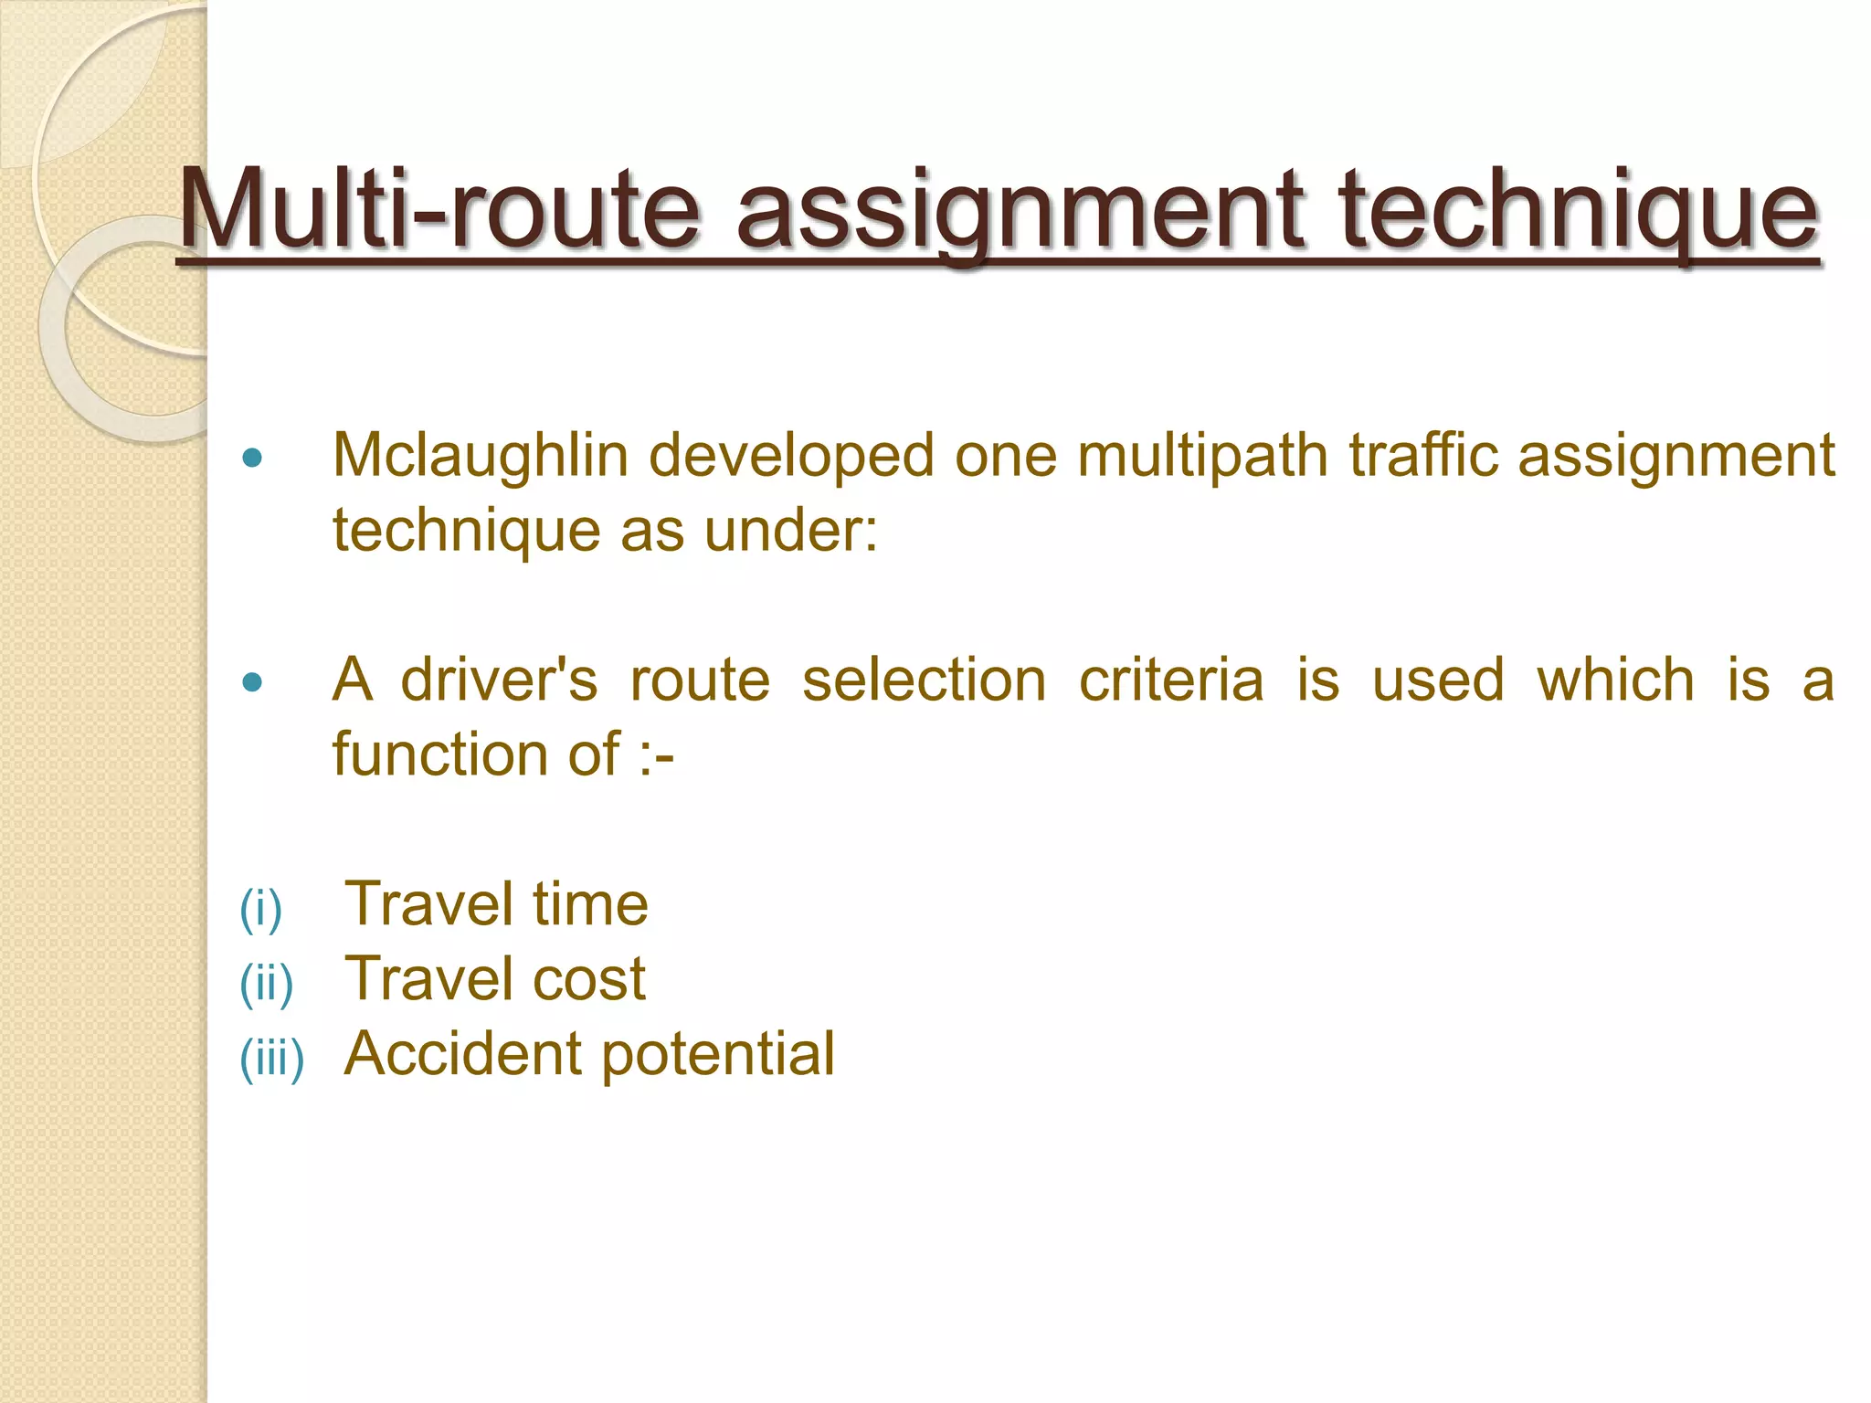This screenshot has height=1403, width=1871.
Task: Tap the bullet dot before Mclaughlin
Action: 253,458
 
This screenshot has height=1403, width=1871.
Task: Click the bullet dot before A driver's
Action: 253,682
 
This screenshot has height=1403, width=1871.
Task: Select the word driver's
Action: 499,680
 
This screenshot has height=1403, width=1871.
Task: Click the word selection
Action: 924,680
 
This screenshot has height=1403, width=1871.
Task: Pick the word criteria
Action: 1171,680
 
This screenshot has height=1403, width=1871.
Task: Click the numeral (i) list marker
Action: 260,909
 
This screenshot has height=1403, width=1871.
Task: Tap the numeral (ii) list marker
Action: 266,984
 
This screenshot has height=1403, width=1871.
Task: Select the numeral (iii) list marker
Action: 271,1059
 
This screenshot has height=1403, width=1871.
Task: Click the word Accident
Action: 463,1054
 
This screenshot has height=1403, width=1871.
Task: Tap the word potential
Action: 718,1056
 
